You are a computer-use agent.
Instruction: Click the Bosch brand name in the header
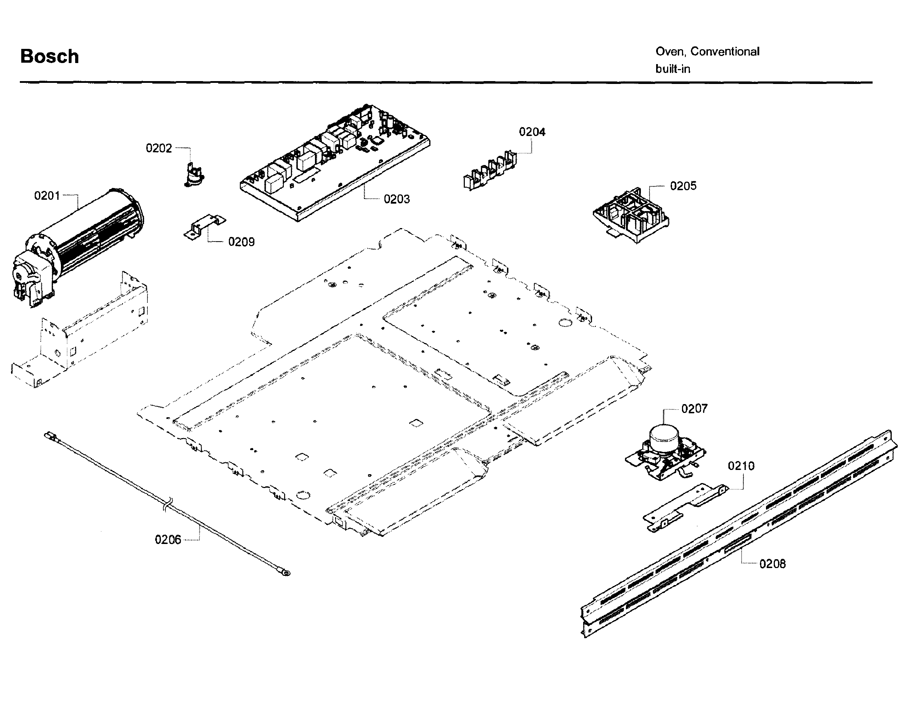click(x=49, y=56)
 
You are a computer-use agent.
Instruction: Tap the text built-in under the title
click(x=672, y=69)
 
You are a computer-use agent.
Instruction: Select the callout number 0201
click(x=47, y=195)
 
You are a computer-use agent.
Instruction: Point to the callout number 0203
click(x=396, y=199)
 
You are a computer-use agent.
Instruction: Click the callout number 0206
click(x=168, y=540)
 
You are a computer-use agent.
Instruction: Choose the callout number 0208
click(x=772, y=564)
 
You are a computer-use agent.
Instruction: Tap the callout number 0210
click(x=741, y=466)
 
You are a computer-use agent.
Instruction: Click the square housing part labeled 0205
click(x=631, y=216)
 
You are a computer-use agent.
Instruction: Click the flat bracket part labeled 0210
click(x=685, y=506)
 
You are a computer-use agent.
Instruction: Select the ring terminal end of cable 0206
click(x=286, y=573)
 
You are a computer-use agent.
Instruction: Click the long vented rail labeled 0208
click(x=739, y=535)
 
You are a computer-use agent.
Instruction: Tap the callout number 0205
click(x=683, y=186)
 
